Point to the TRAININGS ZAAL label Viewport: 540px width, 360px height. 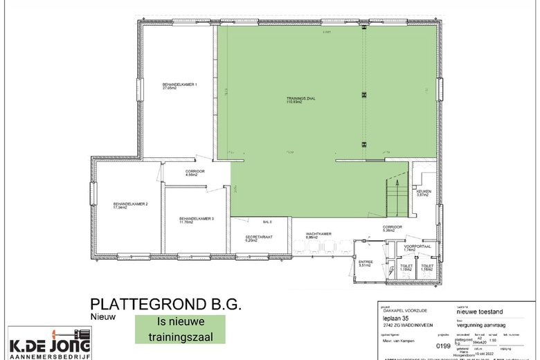(301, 100)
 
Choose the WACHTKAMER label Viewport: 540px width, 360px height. (319, 235)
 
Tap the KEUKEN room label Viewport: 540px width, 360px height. (424, 192)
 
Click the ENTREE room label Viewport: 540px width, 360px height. (366, 263)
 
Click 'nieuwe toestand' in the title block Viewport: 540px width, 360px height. (478, 313)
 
